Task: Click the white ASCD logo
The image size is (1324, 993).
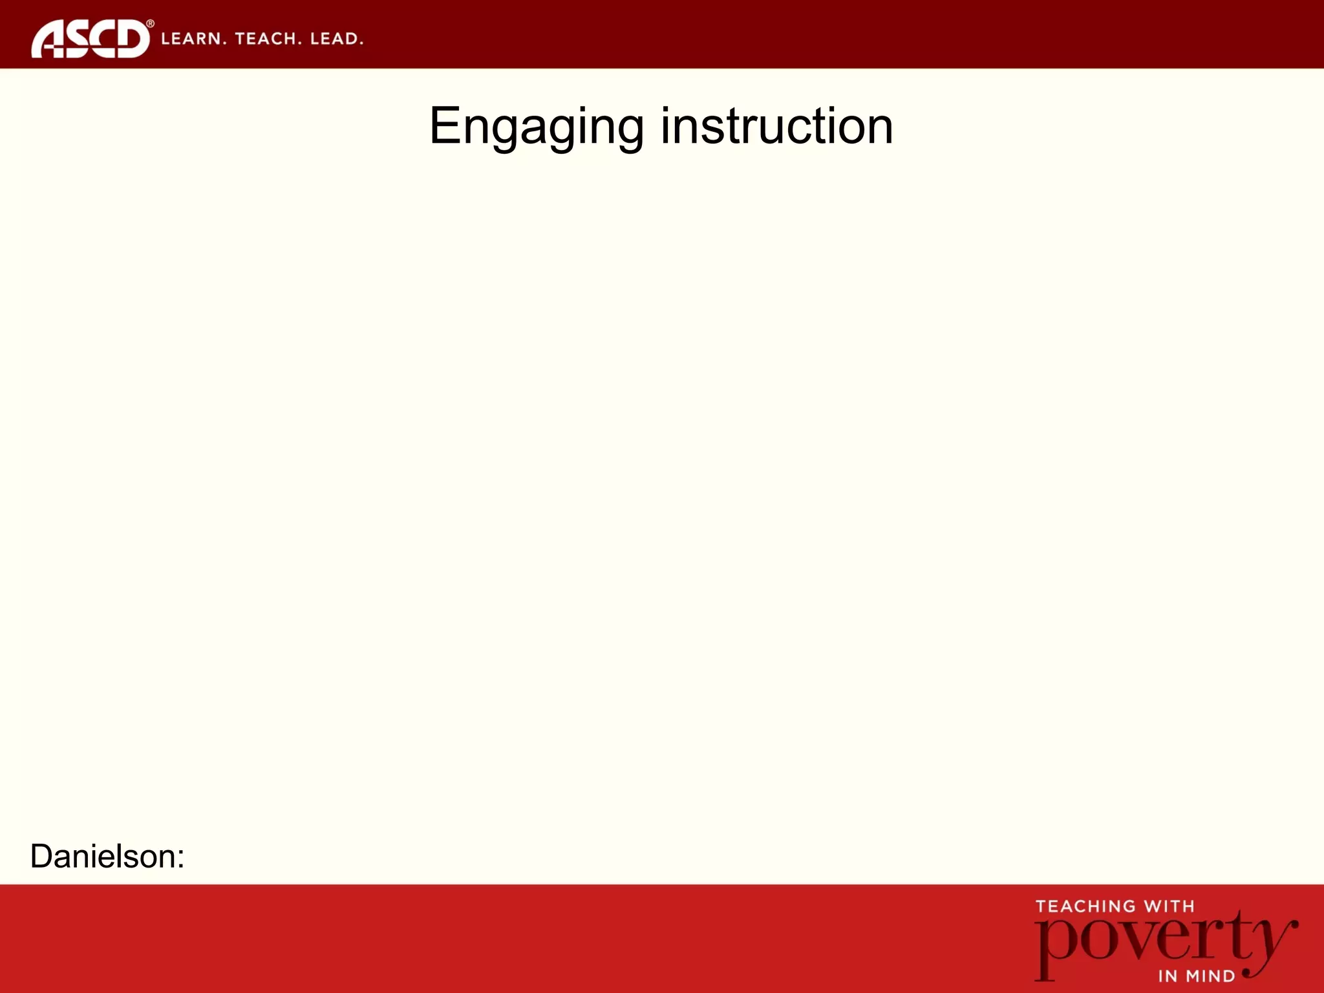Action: (x=90, y=39)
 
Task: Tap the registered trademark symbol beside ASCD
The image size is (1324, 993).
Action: (x=150, y=24)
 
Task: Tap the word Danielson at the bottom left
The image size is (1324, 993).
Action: (x=103, y=856)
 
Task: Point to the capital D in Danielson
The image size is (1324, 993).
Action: (x=41, y=856)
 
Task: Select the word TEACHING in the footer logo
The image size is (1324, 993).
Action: (x=1085, y=906)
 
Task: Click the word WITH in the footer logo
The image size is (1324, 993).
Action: (x=1169, y=906)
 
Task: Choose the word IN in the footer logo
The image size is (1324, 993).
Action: (x=1168, y=976)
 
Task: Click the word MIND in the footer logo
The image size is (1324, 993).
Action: (x=1210, y=976)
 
